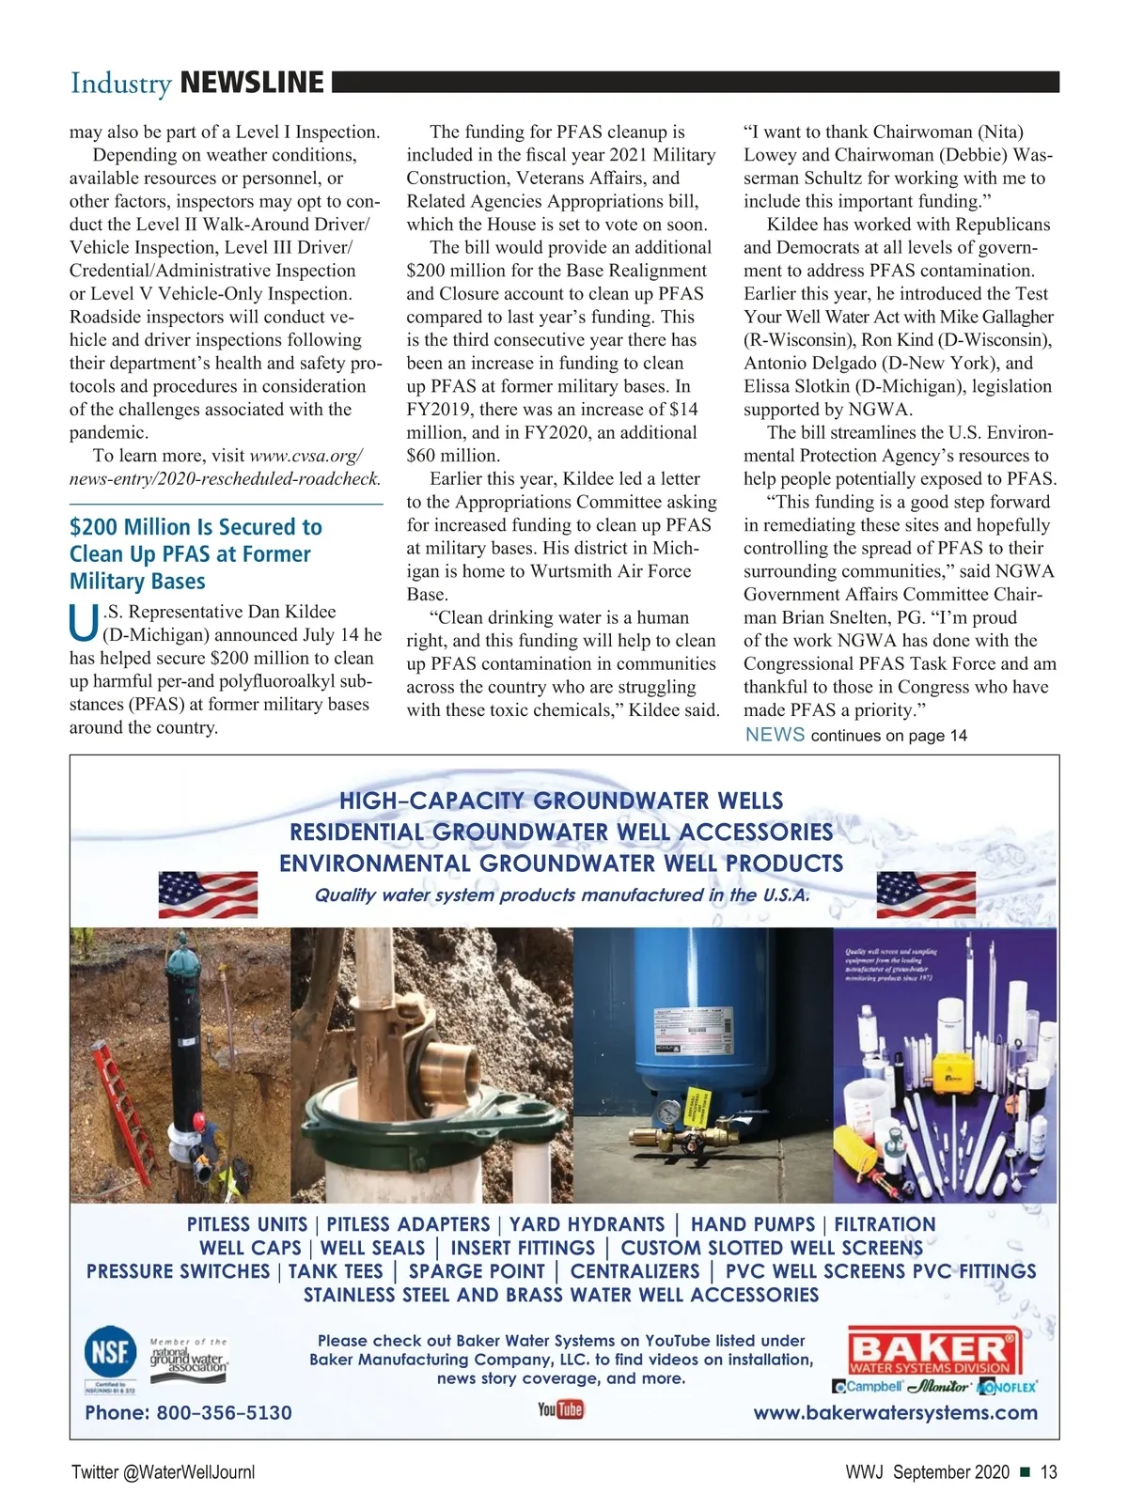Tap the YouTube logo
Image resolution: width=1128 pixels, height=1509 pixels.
pyautogui.click(x=560, y=1409)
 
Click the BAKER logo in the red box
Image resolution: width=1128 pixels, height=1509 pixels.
pyautogui.click(x=934, y=1345)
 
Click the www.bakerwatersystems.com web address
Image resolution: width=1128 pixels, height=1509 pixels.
pyautogui.click(x=895, y=1412)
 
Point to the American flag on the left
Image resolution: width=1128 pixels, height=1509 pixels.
pyautogui.click(x=208, y=894)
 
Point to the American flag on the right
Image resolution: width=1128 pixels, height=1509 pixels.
pyautogui.click(x=925, y=894)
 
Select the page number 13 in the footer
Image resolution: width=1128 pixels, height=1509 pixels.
pyautogui.click(x=1048, y=1472)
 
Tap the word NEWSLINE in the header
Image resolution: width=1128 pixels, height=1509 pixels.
pyautogui.click(x=251, y=83)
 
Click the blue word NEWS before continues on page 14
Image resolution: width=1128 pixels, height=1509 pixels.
pyautogui.click(x=775, y=735)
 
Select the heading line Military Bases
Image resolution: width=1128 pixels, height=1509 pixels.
pyautogui.click(x=137, y=581)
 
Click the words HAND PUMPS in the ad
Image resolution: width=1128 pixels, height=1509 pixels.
pyautogui.click(x=752, y=1224)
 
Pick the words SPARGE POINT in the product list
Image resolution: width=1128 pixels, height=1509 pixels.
pyautogui.click(x=477, y=1271)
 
